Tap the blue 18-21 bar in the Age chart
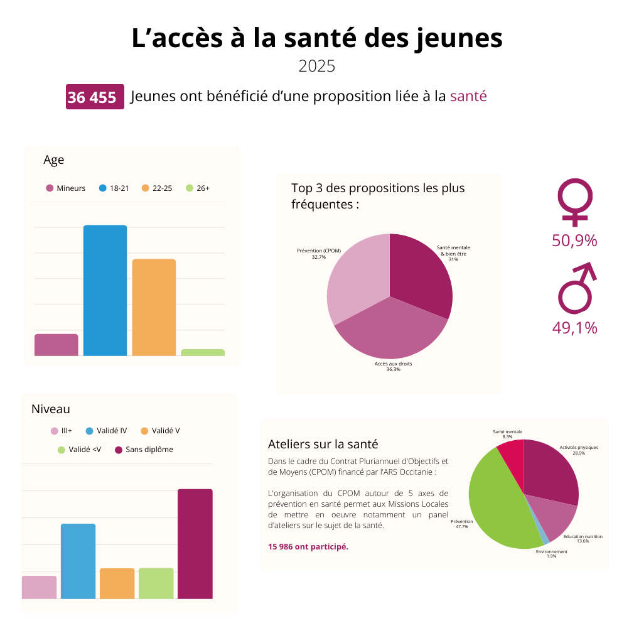point(105,290)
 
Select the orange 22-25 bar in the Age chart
point(154,307)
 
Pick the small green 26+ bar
point(203,352)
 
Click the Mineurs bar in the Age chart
point(56,345)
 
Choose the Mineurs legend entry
point(66,188)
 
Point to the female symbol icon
point(574,202)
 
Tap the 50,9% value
point(574,240)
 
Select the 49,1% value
point(574,327)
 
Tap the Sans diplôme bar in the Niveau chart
point(195,543)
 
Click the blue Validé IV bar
point(78,561)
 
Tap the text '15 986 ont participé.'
point(308,546)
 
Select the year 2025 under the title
point(317,66)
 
